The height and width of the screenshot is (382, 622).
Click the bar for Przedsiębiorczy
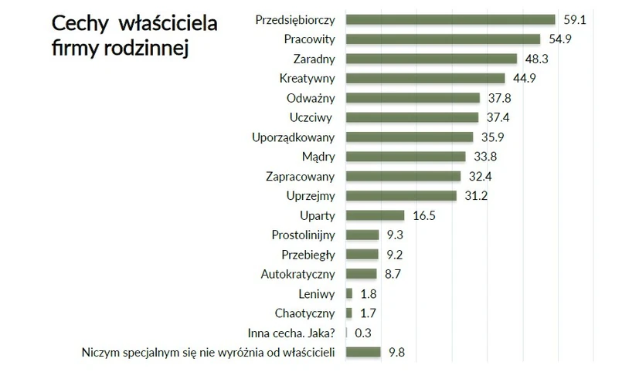(450, 19)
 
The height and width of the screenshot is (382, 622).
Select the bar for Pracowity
(443, 39)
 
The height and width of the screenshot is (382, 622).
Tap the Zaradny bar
(431, 59)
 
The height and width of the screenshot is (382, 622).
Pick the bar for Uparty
(375, 215)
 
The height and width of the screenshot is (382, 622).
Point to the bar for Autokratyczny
(361, 273)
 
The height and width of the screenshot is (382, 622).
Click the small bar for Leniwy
(349, 293)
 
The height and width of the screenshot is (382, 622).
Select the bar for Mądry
(406, 157)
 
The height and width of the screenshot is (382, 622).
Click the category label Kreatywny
(307, 78)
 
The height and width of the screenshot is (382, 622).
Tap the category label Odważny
(310, 98)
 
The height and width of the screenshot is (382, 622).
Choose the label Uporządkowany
(293, 137)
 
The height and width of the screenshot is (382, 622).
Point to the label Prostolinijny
(303, 235)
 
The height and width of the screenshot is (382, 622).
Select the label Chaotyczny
(304, 313)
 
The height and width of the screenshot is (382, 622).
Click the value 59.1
(575, 19)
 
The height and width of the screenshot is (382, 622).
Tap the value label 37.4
(497, 117)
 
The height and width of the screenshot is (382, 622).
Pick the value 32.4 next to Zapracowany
(479, 176)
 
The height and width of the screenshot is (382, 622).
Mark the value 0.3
(362, 333)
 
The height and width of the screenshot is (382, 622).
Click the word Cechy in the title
(79, 23)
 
